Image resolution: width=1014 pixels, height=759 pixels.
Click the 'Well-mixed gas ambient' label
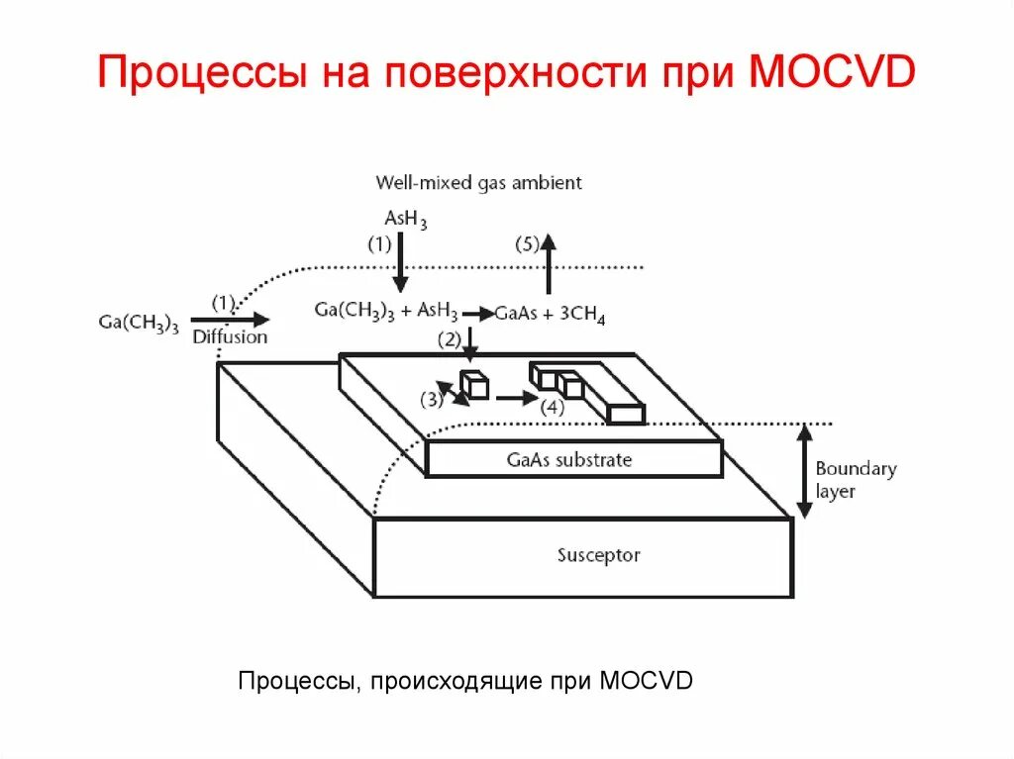pos(478,183)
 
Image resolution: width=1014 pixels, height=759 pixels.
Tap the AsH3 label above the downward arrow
pos(405,218)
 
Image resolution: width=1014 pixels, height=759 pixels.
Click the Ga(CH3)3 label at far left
pos(139,323)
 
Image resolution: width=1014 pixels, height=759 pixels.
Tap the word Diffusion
pos(230,337)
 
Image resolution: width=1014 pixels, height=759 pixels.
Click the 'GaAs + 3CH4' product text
pos(550,315)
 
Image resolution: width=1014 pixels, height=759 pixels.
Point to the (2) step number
pos(450,340)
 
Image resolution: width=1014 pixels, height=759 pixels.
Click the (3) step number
pos(432,400)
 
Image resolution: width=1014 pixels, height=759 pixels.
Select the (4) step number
pos(551,406)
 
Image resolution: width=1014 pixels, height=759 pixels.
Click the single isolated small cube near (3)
pos(475,384)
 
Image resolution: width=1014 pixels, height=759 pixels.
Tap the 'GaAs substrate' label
pos(568,460)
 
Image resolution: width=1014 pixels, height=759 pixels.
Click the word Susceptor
pos(598,556)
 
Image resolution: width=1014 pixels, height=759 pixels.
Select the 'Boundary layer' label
pos(855,480)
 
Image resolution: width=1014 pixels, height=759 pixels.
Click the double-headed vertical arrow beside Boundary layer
pos(805,471)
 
